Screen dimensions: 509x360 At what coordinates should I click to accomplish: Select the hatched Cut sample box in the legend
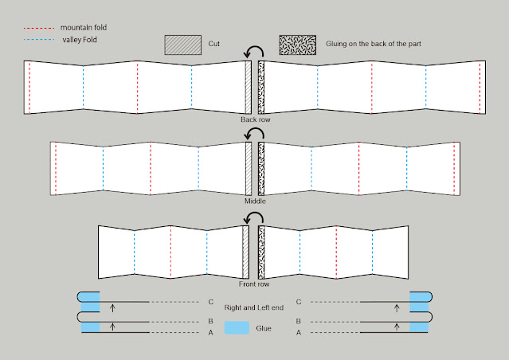point(182,45)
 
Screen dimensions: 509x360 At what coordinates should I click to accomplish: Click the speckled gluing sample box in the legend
point(297,45)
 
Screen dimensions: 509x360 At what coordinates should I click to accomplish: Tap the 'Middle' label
point(255,202)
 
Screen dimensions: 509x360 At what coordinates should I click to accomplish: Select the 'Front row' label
point(255,284)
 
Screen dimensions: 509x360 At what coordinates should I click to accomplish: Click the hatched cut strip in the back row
point(248,87)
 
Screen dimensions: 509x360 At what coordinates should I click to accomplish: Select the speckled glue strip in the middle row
point(261,169)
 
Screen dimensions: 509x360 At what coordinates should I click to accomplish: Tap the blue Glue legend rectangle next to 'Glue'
point(237,327)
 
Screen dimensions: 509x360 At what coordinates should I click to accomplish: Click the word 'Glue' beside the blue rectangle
point(264,327)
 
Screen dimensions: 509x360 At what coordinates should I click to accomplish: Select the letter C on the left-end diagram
point(210,302)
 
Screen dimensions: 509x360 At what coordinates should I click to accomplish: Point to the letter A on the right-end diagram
point(298,332)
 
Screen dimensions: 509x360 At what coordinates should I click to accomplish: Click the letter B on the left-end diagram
point(210,322)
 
